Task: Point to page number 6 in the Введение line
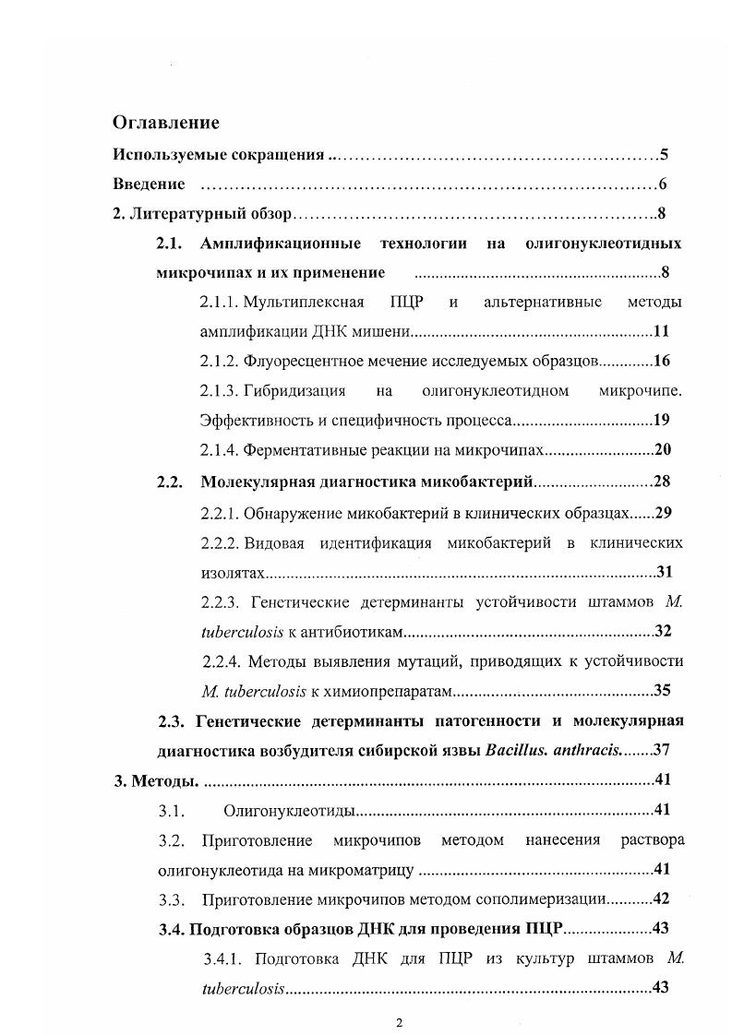[664, 184]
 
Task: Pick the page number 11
[660, 332]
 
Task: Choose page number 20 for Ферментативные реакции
[660, 450]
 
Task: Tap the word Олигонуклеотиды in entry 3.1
[289, 811]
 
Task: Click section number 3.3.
[173, 898]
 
